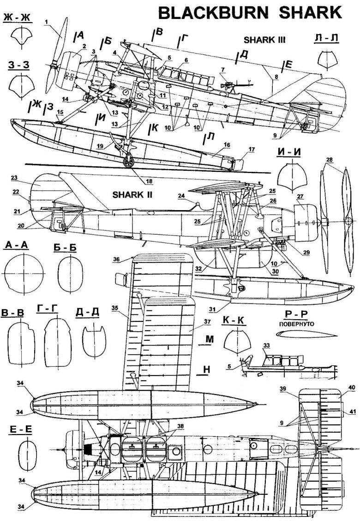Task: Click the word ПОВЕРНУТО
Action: [x=299, y=324]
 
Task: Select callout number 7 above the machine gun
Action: [x=222, y=69]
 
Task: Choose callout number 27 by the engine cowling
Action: [x=300, y=196]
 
